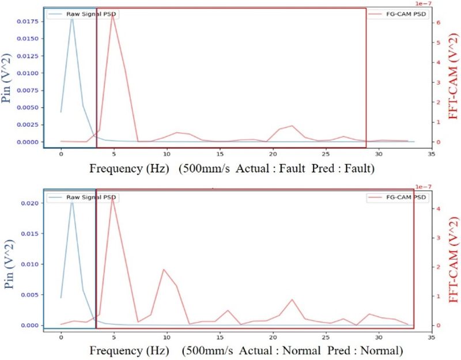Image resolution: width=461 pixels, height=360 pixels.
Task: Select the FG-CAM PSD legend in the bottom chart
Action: point(397,197)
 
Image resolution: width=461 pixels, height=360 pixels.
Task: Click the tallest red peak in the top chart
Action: point(114,14)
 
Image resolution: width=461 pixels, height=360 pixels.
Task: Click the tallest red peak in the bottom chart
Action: point(113,199)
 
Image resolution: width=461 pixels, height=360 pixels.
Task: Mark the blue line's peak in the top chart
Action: point(71,16)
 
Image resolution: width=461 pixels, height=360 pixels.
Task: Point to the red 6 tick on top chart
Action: point(439,22)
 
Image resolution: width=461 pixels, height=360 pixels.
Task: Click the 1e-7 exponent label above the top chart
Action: point(439,5)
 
